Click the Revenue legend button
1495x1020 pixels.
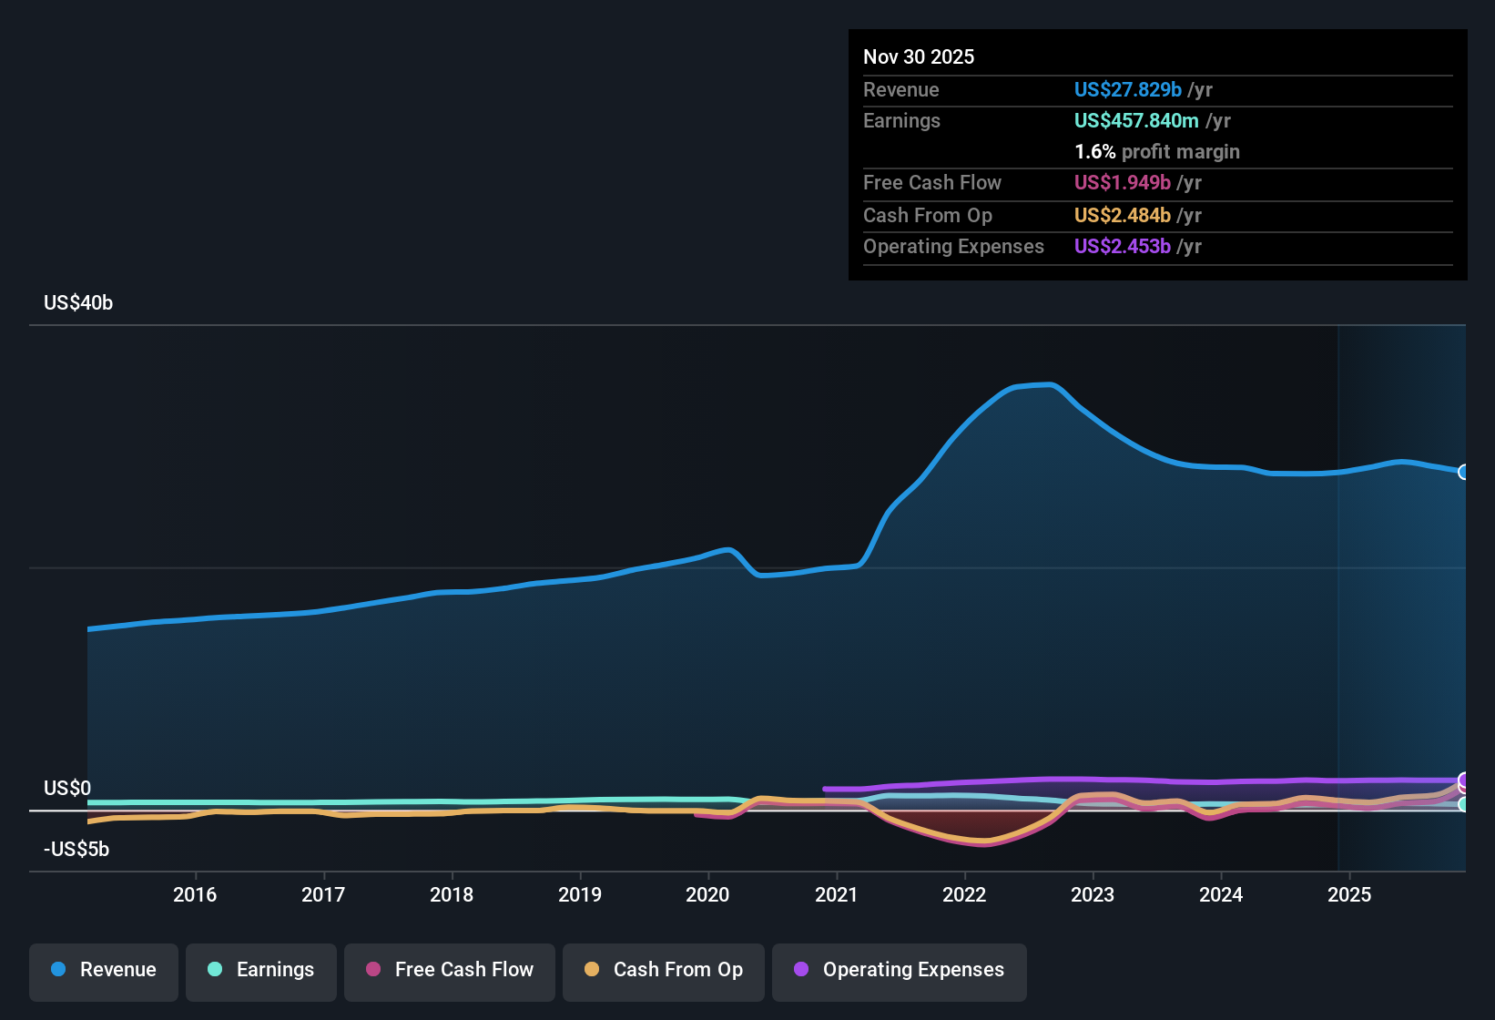pos(104,970)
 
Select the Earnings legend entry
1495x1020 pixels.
pos(261,970)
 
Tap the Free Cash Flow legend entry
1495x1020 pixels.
pos(450,970)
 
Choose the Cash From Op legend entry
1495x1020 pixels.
pos(664,970)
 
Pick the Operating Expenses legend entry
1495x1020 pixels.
pos(900,970)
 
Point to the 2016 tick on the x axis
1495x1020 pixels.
pos(195,894)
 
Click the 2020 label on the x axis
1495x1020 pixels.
pos(707,894)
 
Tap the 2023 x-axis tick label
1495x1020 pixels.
pos(1093,894)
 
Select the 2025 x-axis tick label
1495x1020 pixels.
pos(1349,894)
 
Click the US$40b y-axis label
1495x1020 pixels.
pos(78,303)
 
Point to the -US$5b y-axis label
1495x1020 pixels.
pos(76,850)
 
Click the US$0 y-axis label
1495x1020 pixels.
pos(67,789)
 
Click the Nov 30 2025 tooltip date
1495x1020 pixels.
pos(919,57)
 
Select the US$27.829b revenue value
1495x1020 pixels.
pos(1127,90)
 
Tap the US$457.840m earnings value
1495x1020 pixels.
pos(1136,121)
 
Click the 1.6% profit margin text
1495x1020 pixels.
pos(1156,152)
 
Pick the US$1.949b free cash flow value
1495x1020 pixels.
pos(1122,183)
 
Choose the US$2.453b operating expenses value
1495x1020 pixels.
pos(1122,247)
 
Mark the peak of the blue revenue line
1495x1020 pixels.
pos(1051,384)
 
